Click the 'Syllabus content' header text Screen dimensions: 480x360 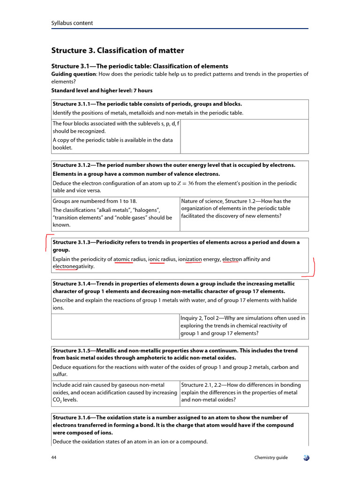point(72,23)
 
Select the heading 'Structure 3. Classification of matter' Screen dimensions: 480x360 point(117,50)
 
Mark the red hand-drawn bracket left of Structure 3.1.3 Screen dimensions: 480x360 point(47,242)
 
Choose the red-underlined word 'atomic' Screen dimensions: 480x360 point(123,259)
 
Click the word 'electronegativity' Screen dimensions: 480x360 point(73,266)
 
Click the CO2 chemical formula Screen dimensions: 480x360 point(57,400)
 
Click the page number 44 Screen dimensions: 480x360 point(54,457)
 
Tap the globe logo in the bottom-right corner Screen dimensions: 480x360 point(305,457)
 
